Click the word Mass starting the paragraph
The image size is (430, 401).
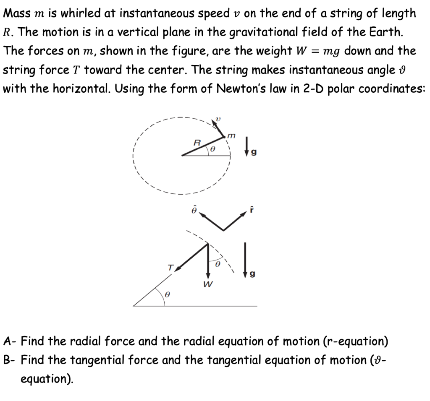[16, 13]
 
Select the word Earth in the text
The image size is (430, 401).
[378, 32]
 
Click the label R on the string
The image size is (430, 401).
[196, 142]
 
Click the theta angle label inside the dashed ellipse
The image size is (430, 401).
[212, 148]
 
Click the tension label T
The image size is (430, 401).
[170, 267]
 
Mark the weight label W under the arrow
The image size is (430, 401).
[207, 284]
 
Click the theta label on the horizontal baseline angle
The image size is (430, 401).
[167, 295]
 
